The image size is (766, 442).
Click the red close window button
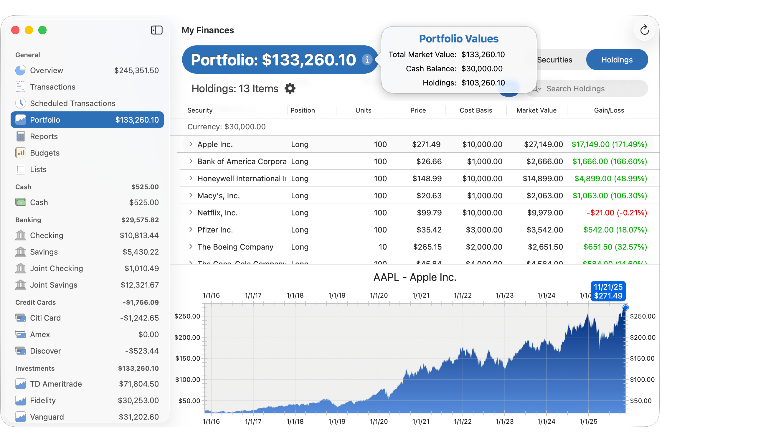point(16,30)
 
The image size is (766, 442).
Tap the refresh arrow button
point(644,30)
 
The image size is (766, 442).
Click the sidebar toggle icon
point(157,30)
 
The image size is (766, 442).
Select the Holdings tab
point(617,60)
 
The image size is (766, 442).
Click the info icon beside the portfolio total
point(367,60)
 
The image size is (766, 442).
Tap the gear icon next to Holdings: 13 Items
point(290,89)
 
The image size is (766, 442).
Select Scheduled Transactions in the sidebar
point(72,103)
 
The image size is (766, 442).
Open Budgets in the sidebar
point(44,153)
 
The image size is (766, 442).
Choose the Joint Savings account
point(54,285)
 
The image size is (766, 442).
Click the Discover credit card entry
point(46,351)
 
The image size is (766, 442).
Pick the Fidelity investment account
point(43,400)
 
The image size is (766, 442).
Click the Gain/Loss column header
point(609,111)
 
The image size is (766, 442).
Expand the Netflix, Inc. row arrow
point(191,212)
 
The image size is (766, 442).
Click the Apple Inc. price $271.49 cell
point(426,144)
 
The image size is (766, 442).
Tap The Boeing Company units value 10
point(382,247)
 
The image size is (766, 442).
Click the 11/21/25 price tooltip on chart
point(608,291)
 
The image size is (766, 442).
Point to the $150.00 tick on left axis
point(188,359)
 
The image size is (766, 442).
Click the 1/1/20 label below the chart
point(379,421)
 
